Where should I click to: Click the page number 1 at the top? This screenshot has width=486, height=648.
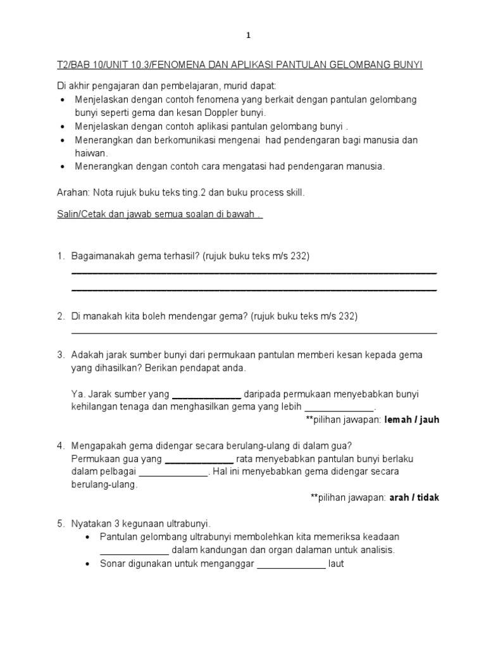249,36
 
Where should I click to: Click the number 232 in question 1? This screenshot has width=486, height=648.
299,256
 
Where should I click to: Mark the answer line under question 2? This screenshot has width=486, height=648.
254,332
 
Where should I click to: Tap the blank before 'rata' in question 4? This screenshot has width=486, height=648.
199,459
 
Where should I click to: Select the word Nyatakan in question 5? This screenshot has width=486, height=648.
91,524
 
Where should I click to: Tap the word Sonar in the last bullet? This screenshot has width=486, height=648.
113,564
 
